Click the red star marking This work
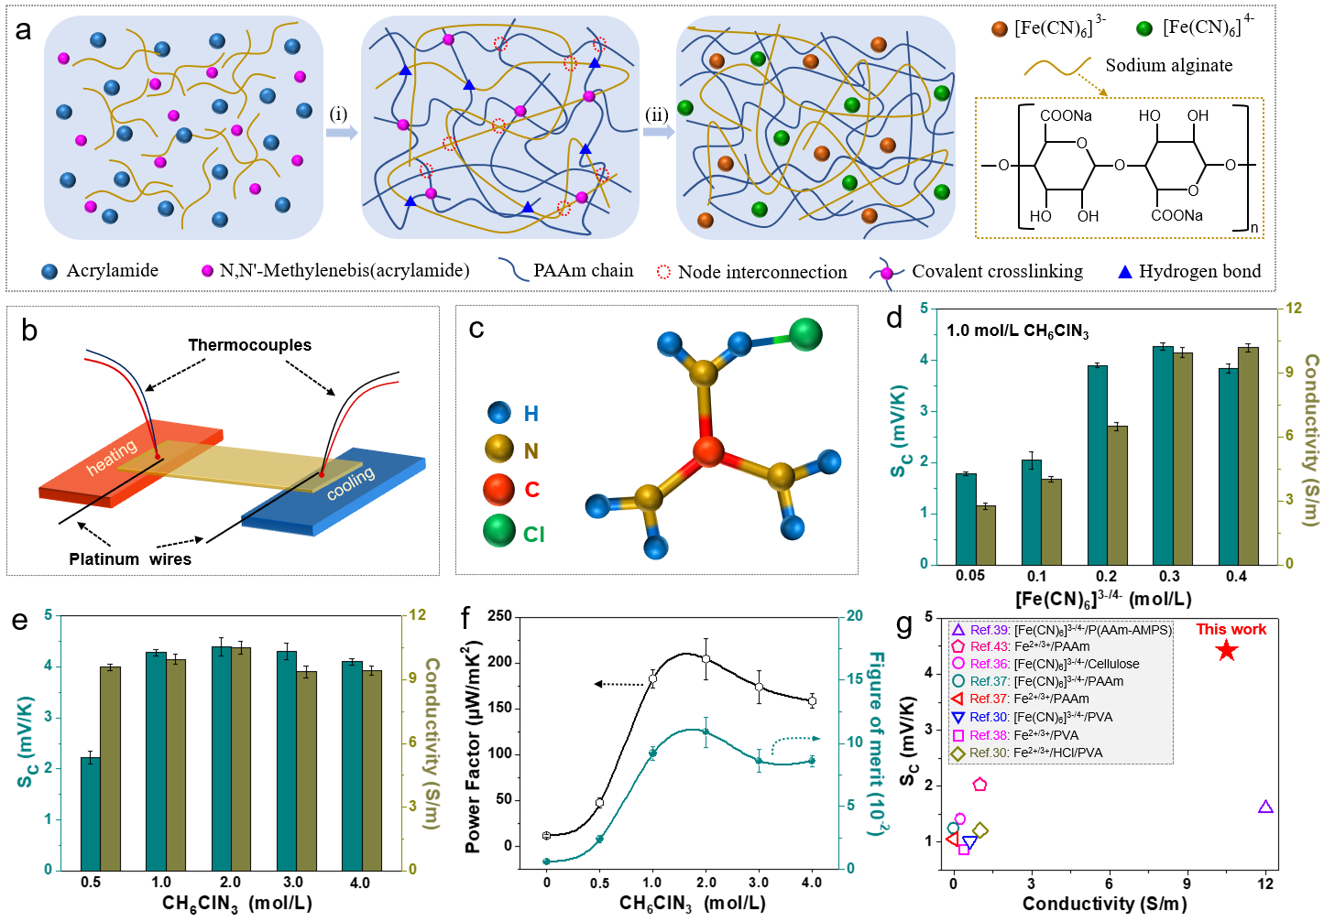tap(1227, 651)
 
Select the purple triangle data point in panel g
tap(1265, 807)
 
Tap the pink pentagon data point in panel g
tap(979, 785)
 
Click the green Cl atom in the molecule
tap(805, 335)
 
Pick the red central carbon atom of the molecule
tap(707, 451)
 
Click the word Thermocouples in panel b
tap(249, 345)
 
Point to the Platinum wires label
tap(130, 558)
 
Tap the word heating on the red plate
tap(112, 456)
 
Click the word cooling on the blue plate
tap(351, 482)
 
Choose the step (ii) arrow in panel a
tap(658, 132)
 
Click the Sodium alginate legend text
tap(1168, 65)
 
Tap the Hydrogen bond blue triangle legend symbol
tap(1125, 272)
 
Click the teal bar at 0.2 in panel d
tap(1097, 464)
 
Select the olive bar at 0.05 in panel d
tap(986, 535)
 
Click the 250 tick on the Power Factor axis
tap(500, 616)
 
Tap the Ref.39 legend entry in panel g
tap(1063, 630)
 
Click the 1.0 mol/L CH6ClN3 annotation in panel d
tap(1017, 330)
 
